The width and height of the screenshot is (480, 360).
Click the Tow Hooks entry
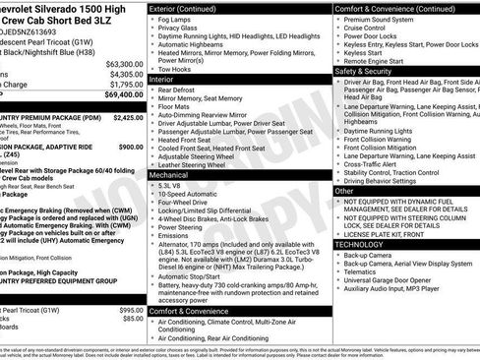[x=186, y=69]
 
